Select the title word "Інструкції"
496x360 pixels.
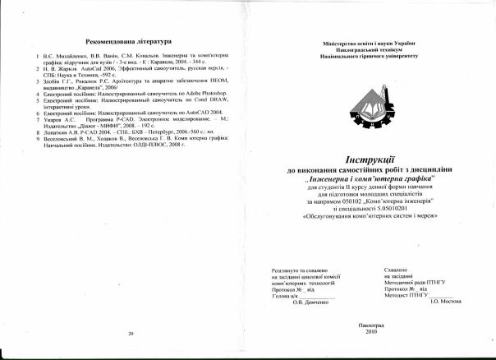click(x=370, y=159)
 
